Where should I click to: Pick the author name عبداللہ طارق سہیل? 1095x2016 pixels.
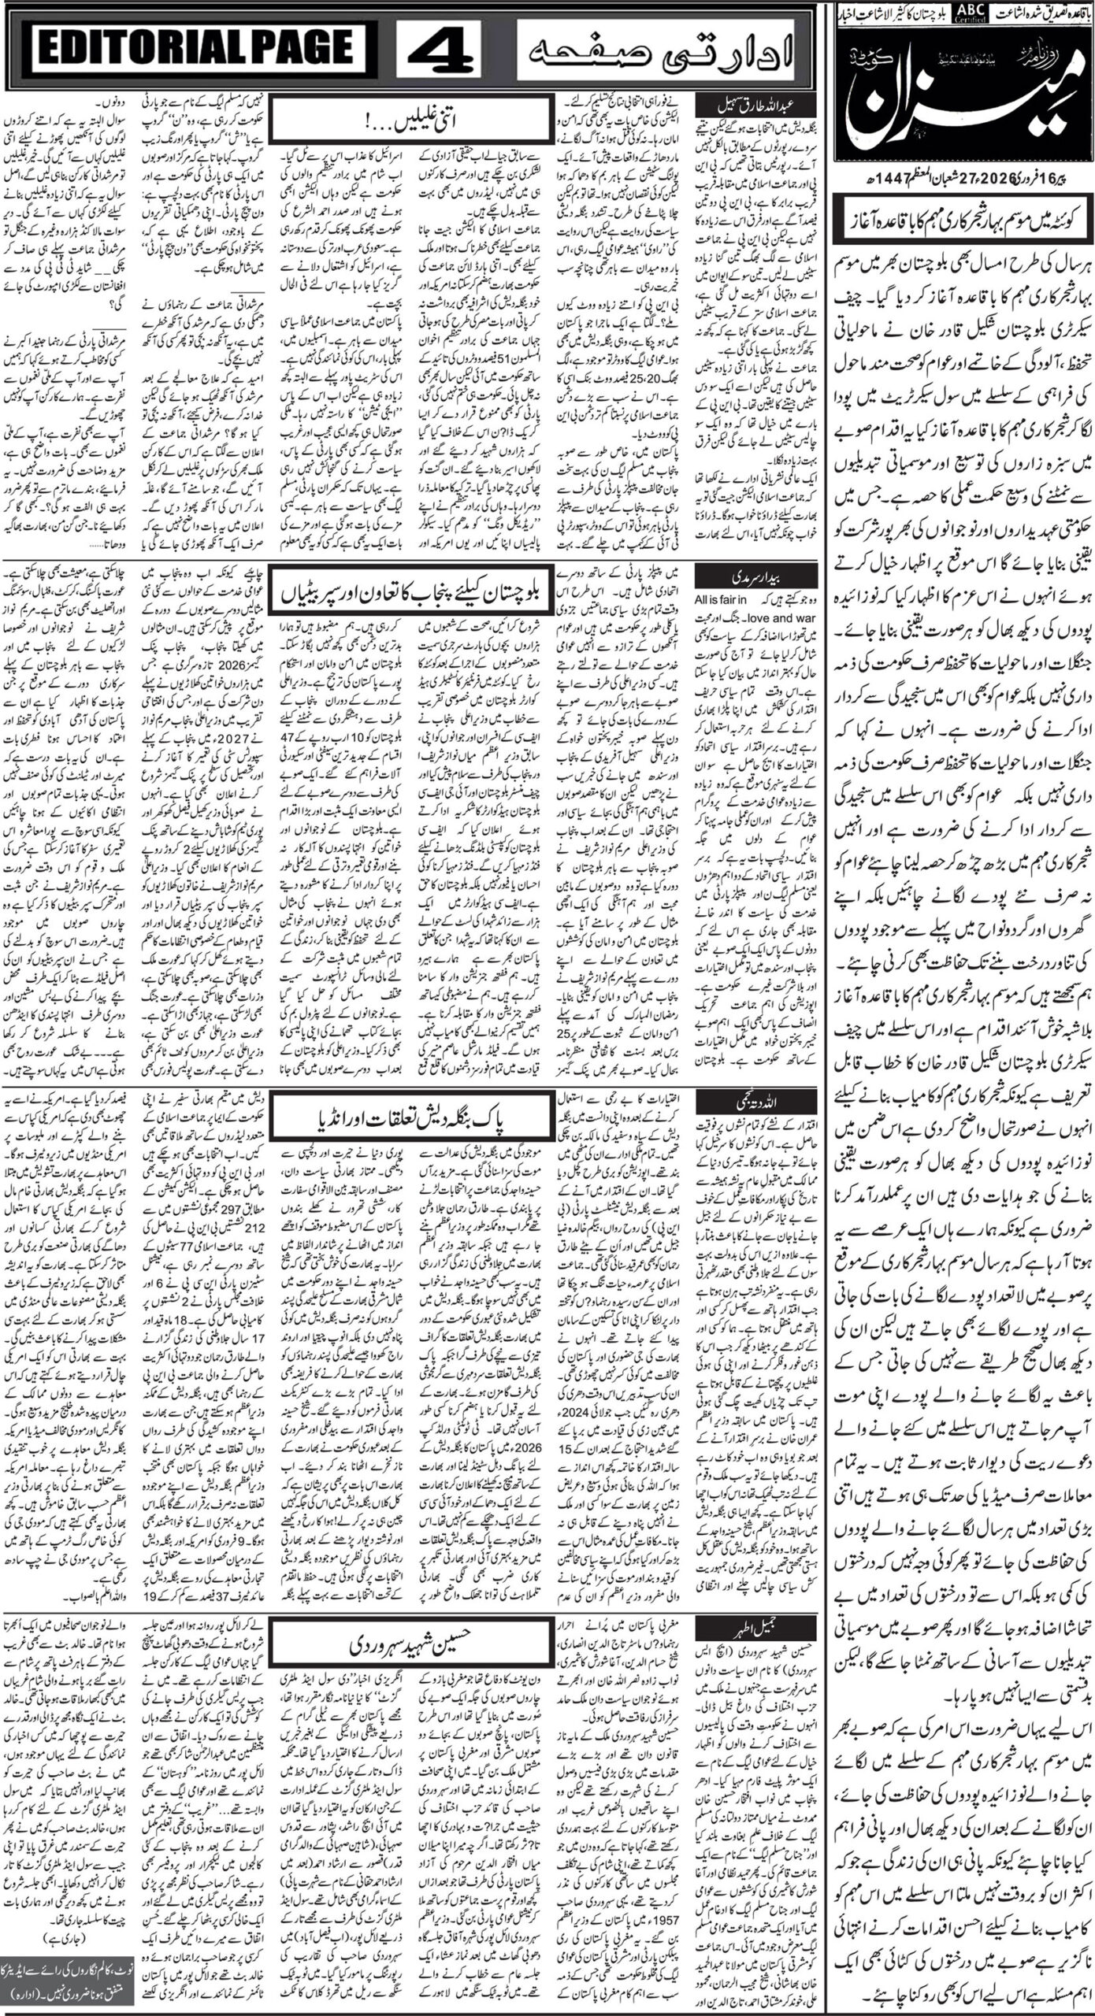(736, 105)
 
